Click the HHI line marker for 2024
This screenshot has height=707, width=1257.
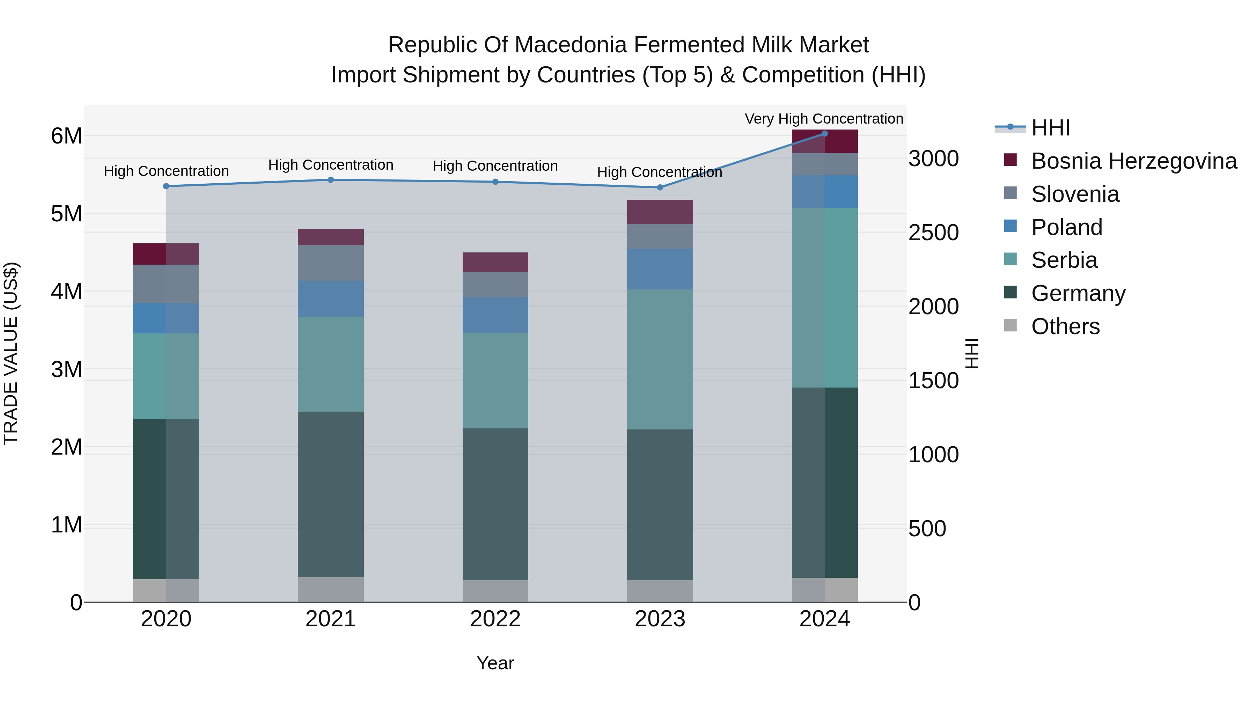click(x=825, y=133)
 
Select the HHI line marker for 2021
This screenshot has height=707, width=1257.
click(x=331, y=179)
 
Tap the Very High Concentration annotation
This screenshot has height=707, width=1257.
click(x=824, y=119)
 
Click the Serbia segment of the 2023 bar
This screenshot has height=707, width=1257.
click(x=660, y=359)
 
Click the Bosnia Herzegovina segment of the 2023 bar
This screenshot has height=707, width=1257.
click(x=660, y=212)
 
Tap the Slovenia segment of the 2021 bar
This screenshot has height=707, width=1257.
click(x=331, y=263)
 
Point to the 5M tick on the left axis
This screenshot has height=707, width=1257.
click(x=66, y=214)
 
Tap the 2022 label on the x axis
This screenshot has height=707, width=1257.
click(x=495, y=619)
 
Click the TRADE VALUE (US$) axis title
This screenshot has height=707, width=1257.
click(x=11, y=353)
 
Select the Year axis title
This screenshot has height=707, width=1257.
click(x=495, y=663)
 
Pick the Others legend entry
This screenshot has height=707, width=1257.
click(x=1065, y=326)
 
